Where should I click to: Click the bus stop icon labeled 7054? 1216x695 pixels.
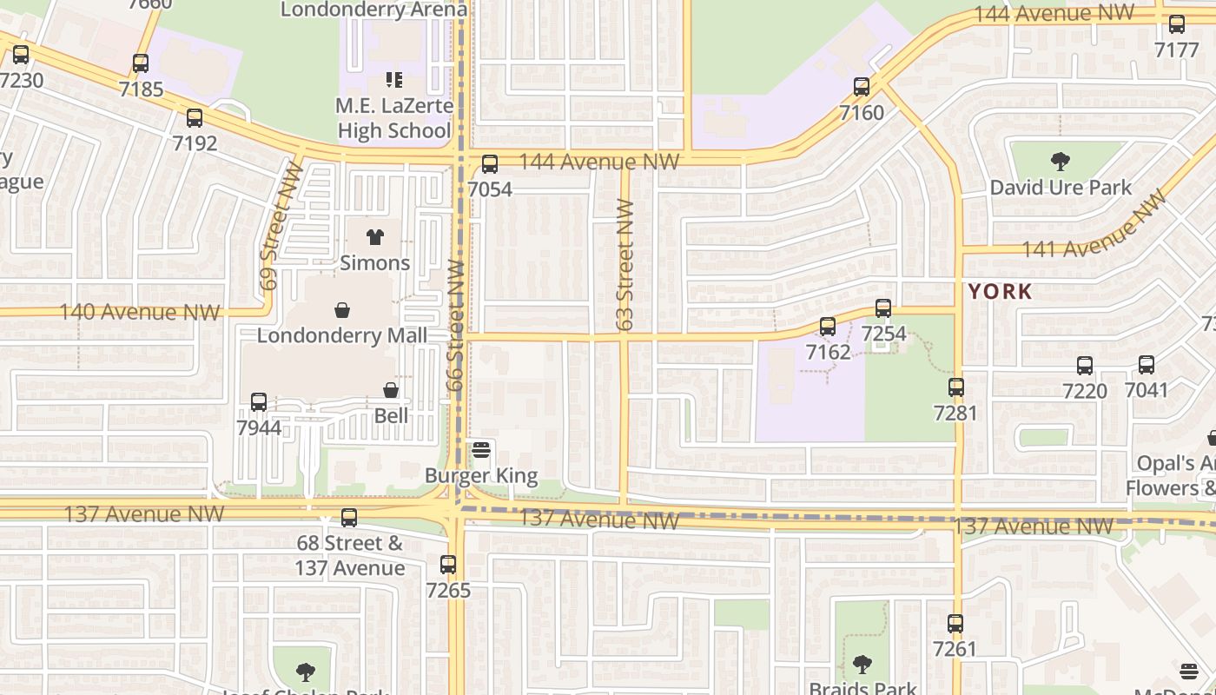click(490, 164)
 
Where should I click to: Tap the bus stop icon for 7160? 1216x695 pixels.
click(862, 87)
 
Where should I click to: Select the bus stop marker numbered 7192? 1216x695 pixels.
click(195, 118)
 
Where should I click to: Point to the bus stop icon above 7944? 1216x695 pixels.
click(259, 402)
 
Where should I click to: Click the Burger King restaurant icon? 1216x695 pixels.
click(481, 450)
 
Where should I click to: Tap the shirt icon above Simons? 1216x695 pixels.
click(375, 237)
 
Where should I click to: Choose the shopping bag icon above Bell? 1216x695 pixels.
click(391, 391)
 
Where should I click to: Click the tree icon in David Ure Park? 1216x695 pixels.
click(1060, 161)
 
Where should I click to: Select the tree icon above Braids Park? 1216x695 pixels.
click(862, 665)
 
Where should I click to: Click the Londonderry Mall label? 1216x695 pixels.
click(342, 335)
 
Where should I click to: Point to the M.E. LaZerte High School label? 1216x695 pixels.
click(395, 118)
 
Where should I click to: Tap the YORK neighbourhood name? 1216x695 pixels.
click(1001, 291)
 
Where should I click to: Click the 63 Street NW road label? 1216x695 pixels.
click(625, 265)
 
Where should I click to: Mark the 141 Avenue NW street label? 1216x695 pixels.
click(1094, 228)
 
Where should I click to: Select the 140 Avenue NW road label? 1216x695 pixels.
click(139, 312)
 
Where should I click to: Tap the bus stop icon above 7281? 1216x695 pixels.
click(956, 387)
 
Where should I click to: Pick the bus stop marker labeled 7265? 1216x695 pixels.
click(448, 565)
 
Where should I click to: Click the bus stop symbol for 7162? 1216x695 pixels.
click(828, 327)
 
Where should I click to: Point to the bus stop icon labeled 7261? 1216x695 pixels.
click(955, 624)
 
